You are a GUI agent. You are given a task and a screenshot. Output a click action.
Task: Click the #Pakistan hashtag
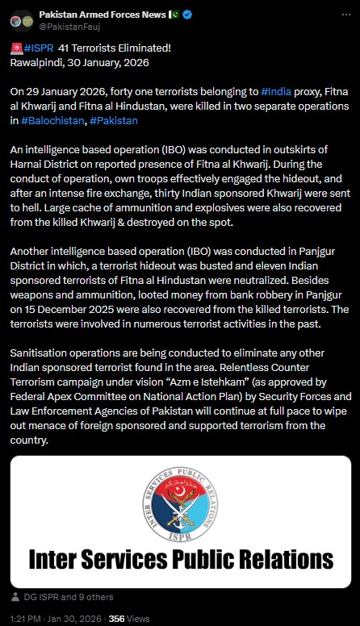pos(115,120)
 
